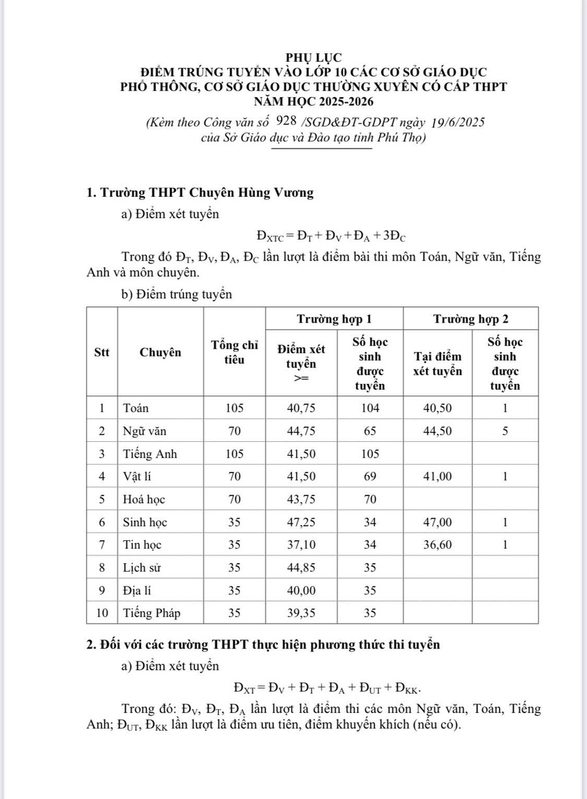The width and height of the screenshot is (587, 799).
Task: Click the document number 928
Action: tap(287, 121)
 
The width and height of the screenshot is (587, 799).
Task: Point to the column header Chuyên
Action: tap(160, 353)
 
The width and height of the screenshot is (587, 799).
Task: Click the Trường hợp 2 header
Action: tap(471, 319)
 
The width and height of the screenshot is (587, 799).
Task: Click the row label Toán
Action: tap(136, 409)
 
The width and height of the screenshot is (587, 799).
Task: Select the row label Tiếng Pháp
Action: tap(152, 613)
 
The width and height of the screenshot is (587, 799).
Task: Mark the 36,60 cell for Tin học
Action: tap(437, 545)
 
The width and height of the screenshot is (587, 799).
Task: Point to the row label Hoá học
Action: tap(144, 500)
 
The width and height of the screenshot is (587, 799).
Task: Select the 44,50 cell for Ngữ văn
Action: tap(437, 431)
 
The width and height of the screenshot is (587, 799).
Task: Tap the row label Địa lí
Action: tap(138, 590)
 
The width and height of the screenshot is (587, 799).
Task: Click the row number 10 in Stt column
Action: tap(102, 613)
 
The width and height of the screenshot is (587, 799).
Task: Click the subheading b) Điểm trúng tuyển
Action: tap(177, 295)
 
